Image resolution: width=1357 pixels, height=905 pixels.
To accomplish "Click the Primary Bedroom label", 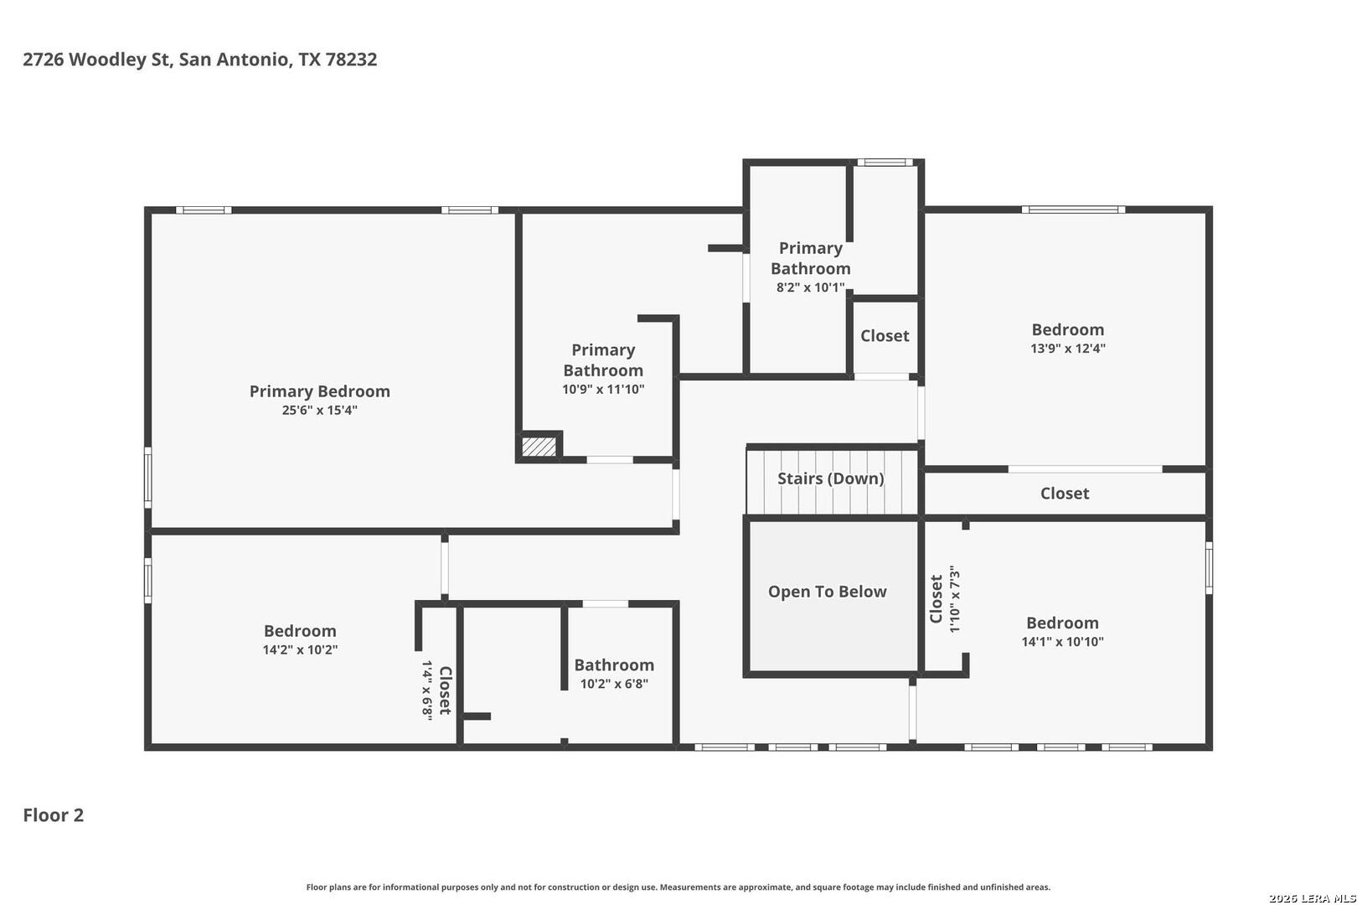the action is (319, 391).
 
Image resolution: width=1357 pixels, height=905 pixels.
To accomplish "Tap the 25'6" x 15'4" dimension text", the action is (319, 411).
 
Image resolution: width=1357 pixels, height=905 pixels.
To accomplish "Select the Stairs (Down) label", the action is (831, 478).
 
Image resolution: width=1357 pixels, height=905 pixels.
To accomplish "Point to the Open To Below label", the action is (827, 592).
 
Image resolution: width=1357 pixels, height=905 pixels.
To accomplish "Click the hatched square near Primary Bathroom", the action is (539, 447).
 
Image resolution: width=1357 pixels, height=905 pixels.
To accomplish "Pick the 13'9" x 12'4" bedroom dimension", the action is (1067, 349).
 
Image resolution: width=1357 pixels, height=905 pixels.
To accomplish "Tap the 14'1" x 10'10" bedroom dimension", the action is (1062, 642).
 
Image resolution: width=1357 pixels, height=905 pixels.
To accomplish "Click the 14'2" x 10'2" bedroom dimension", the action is (300, 649).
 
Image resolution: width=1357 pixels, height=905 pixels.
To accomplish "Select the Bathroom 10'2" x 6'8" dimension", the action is (614, 684).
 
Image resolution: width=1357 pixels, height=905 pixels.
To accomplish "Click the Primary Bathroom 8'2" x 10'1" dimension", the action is (810, 287).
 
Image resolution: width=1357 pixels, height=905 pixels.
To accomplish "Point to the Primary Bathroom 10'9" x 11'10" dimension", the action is (603, 389).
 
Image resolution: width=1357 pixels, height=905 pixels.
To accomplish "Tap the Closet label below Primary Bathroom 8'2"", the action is (885, 336).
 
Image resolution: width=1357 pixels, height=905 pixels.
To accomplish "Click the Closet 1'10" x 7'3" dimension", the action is (955, 599).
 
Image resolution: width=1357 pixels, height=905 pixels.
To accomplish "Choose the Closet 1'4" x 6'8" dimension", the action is (426, 690).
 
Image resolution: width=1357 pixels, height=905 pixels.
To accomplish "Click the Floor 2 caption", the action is (54, 815).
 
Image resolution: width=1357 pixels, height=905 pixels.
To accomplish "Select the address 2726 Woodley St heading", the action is (200, 59).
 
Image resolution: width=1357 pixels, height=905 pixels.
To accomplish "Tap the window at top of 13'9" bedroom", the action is (1073, 209).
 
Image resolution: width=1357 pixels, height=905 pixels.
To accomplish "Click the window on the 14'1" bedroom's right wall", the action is (1209, 568).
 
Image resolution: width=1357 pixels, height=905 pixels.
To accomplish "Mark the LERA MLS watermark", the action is (1312, 898).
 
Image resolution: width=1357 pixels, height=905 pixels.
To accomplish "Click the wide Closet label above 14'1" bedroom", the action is (1065, 494).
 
